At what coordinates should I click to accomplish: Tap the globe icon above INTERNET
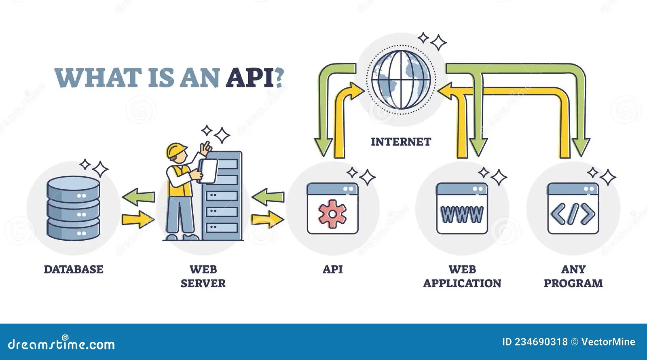point(401,79)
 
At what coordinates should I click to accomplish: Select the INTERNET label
point(401,142)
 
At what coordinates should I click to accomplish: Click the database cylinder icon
point(73,208)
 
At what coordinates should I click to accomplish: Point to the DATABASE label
point(74,269)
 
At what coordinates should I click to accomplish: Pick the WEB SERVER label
point(203,276)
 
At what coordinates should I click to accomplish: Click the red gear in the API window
point(332,214)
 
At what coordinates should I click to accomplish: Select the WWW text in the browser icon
point(462,214)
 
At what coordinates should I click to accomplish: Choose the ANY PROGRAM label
point(573,276)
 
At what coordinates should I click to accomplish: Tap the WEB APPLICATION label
point(462,276)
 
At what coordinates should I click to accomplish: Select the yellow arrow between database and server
point(138,219)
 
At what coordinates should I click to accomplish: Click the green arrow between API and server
point(268,197)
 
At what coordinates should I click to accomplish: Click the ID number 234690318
point(541,342)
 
